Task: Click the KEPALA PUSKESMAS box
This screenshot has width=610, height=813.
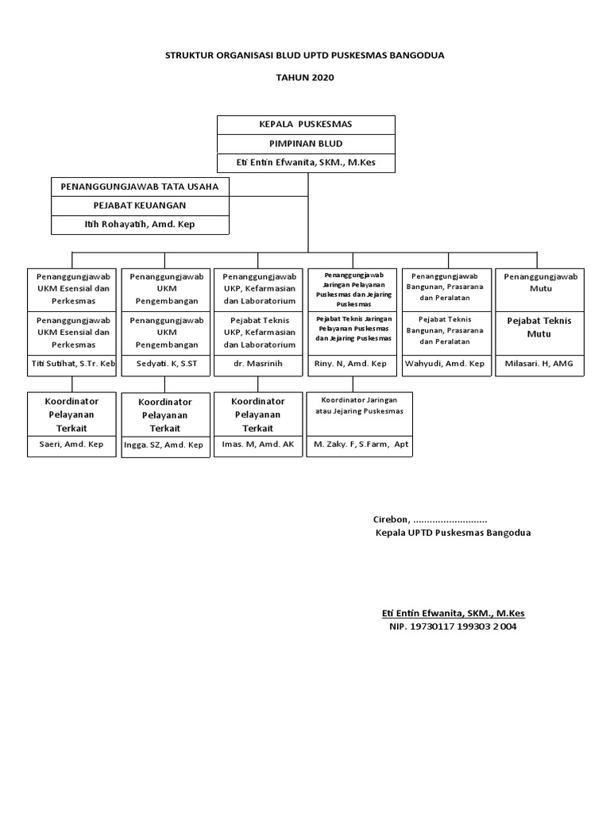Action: [x=306, y=125]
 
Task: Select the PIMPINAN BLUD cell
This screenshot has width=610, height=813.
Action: [x=306, y=144]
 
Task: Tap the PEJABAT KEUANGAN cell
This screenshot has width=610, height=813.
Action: [x=140, y=206]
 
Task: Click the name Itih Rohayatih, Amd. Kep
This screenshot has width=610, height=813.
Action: [x=140, y=225]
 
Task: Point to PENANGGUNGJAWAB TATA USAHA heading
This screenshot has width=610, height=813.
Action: [x=140, y=187]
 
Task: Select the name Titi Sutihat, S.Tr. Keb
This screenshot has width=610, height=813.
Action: [x=73, y=364]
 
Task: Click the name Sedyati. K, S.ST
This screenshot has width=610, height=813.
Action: [x=165, y=364]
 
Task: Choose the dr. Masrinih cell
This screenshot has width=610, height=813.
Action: [x=258, y=364]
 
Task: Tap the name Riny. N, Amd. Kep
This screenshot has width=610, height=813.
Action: [x=350, y=364]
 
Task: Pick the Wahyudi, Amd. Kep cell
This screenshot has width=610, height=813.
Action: [x=444, y=364]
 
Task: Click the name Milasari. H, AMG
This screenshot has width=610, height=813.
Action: [x=539, y=364]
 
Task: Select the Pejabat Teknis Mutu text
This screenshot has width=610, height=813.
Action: [x=539, y=327]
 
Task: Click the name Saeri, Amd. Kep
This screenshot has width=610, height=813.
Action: [x=71, y=445]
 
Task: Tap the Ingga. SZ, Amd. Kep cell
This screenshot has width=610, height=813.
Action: [x=164, y=445]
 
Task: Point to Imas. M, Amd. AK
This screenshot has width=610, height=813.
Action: [x=257, y=445]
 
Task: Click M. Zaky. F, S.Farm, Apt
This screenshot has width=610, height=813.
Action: [x=361, y=445]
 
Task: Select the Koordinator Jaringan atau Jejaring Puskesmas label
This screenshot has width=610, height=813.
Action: [x=361, y=406]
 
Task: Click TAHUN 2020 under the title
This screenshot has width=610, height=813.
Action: [x=305, y=78]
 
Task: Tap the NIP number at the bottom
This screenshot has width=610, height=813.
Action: [x=453, y=626]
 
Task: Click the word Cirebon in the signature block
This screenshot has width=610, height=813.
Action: [x=391, y=519]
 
